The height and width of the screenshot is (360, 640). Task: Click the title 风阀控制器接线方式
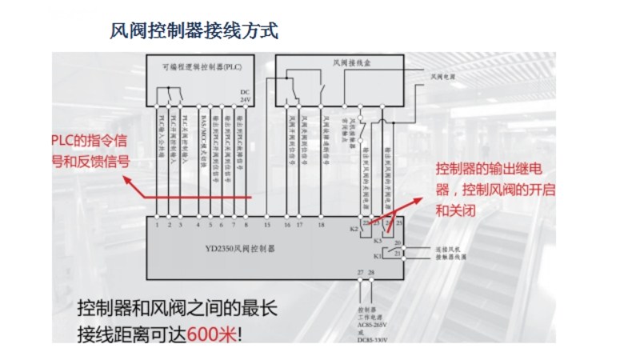pos(194,31)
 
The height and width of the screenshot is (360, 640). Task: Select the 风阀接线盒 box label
pos(350,62)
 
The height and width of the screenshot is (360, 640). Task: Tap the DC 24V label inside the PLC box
pos(246,95)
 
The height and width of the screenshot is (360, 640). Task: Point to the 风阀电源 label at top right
pos(443,77)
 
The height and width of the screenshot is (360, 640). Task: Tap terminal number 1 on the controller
pos(158,226)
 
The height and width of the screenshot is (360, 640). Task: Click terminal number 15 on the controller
pos(267,226)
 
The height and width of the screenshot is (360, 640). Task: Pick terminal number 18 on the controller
pos(321,226)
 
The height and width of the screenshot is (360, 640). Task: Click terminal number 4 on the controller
pos(198,226)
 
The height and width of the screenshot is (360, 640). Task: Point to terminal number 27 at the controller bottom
pos(361,274)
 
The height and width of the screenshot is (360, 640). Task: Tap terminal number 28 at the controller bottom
pos(370,274)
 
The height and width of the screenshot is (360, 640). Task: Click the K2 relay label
pos(354,229)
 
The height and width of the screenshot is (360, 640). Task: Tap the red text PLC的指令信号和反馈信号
pos(90,150)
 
